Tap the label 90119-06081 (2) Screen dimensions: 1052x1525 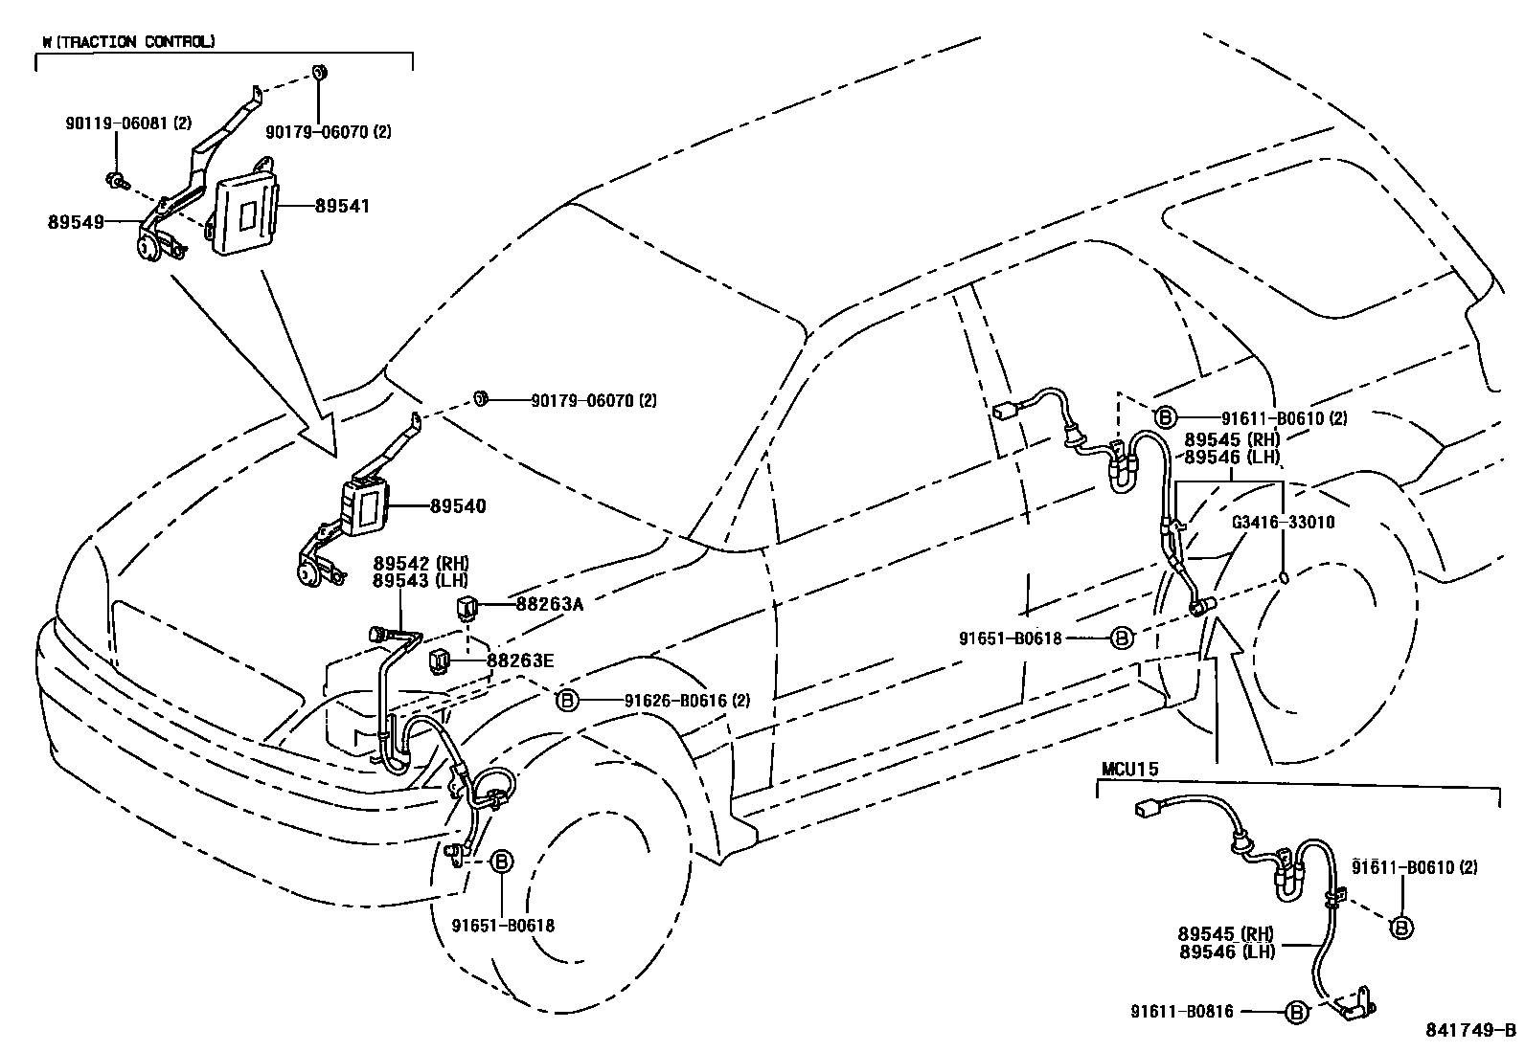[129, 123]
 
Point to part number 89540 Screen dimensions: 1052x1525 [458, 506]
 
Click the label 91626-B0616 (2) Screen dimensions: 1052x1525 [687, 701]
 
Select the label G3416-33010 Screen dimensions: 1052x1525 [1284, 523]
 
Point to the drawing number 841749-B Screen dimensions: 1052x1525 [1470, 1030]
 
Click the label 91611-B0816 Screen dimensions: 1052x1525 [1181, 1011]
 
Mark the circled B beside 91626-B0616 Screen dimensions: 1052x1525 [567, 701]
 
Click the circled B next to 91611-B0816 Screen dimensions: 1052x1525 [1296, 1011]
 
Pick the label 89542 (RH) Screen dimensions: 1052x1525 [421, 563]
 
